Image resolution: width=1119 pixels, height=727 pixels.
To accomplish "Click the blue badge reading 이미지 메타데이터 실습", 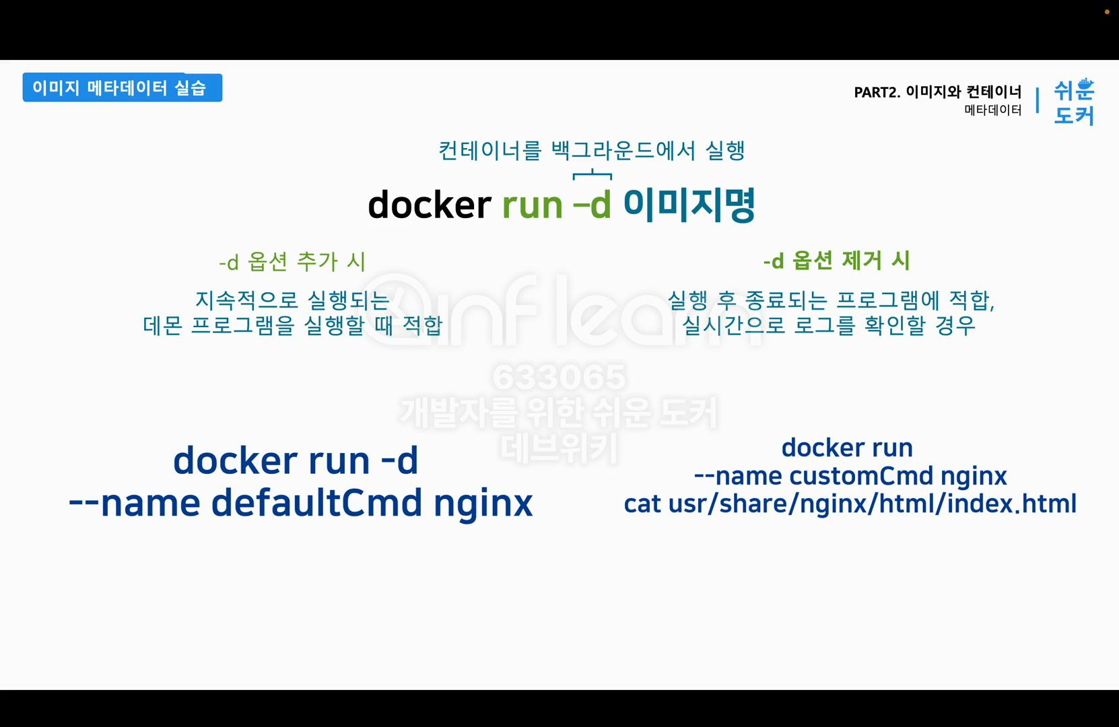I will point(122,88).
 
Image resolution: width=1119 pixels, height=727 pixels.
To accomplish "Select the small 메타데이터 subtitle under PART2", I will point(992,110).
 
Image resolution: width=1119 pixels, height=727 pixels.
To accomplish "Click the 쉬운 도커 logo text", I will point(1074,102).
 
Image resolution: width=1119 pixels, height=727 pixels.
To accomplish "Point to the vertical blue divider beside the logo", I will point(1037,100).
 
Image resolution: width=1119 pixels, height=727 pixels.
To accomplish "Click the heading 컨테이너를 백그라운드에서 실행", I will point(591,150).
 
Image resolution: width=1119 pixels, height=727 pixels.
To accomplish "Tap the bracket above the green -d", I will point(592,175).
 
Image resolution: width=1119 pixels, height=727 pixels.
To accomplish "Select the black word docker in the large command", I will point(429,205).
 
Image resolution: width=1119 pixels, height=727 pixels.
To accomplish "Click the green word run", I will point(532,205).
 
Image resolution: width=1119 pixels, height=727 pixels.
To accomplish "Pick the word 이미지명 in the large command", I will point(689,205).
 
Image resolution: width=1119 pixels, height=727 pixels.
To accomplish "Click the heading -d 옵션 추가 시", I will point(292,261).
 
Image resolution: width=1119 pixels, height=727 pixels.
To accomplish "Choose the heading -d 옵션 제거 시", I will point(836,261).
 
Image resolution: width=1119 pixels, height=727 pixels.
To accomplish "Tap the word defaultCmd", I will point(316,503).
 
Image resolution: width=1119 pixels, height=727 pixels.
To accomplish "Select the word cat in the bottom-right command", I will point(642,504).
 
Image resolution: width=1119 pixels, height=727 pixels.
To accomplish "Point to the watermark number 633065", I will point(559,377).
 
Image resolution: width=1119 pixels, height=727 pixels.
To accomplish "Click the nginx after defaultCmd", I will point(483,503).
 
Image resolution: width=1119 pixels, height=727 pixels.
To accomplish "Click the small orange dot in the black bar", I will point(1107,11).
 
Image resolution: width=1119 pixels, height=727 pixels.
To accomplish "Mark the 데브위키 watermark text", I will point(559,448).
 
